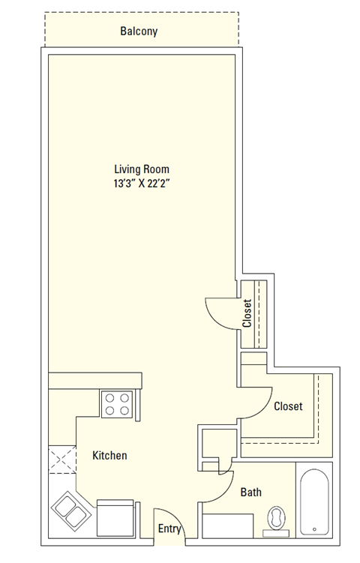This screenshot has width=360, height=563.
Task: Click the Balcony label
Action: coord(139,31)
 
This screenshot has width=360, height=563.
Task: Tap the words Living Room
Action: coord(142,169)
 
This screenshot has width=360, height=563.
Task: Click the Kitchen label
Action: coord(109,455)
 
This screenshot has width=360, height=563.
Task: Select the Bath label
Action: coord(251,493)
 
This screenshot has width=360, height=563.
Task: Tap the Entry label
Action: coord(169,529)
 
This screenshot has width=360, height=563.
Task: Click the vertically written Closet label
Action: coord(247,313)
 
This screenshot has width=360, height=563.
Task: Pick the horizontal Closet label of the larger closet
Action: coord(288,406)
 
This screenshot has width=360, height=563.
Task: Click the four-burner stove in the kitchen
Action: coord(117,405)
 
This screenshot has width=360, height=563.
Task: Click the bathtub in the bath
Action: coord(313,502)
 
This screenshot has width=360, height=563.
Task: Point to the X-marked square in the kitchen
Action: coord(63,459)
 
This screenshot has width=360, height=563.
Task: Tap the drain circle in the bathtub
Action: coord(313,529)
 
